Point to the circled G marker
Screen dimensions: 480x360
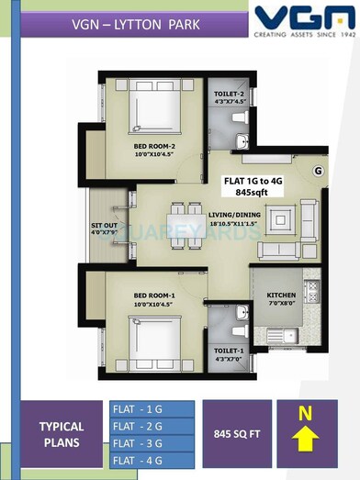(318, 170)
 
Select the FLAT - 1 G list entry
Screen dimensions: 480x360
(137, 407)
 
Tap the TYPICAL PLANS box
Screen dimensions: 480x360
(62, 434)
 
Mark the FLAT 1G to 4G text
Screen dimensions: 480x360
(260, 181)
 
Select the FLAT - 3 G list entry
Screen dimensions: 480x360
(137, 444)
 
